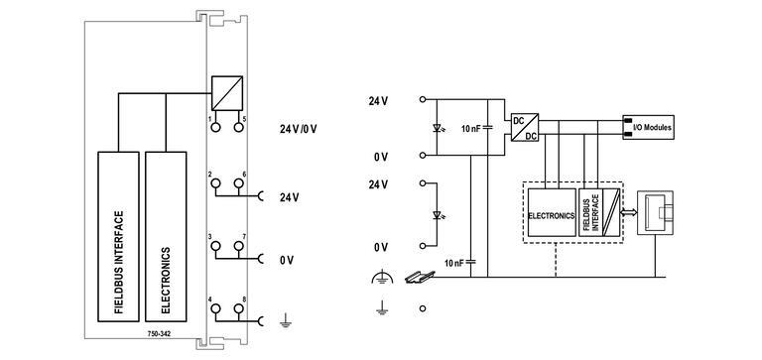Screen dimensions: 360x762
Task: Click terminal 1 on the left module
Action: tap(215, 126)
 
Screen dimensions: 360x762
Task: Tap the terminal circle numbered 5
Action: tap(239, 126)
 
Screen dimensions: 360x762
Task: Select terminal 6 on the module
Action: tap(239, 184)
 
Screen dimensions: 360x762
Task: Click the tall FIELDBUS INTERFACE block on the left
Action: tap(119, 236)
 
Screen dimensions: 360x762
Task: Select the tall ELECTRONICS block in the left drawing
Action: tap(166, 236)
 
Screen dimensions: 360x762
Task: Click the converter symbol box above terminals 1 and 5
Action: tap(227, 92)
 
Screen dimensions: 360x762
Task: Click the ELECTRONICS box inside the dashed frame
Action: tap(551, 211)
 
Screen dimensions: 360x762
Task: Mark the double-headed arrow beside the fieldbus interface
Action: tap(612, 212)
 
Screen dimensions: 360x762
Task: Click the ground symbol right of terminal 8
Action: tap(285, 319)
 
